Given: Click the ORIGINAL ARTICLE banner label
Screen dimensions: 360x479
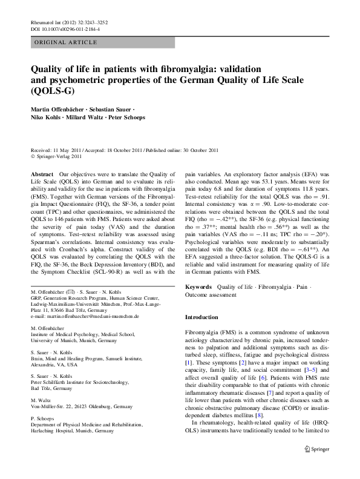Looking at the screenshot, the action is (65, 42).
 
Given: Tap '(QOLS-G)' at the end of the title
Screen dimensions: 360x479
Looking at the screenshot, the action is (51, 92).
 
